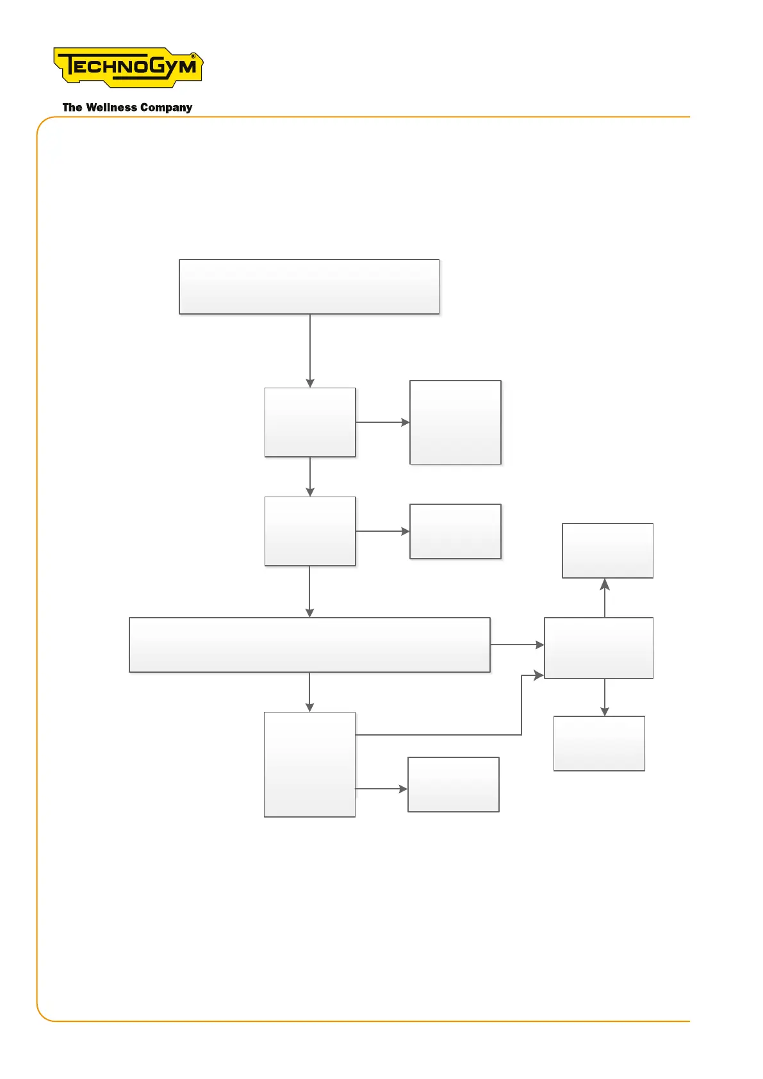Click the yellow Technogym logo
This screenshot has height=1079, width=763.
pyautogui.click(x=128, y=67)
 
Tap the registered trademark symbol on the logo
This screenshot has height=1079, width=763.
pyautogui.click(x=193, y=56)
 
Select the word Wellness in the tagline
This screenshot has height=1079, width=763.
pyautogui.click(x=111, y=108)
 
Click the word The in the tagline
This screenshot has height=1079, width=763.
pyautogui.click(x=72, y=108)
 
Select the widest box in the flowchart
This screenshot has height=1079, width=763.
pyautogui.click(x=309, y=645)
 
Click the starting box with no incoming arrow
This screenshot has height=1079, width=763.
pyautogui.click(x=309, y=286)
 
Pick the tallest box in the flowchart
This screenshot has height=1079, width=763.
pyautogui.click(x=309, y=764)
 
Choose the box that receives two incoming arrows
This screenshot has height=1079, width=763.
pyautogui.click(x=598, y=648)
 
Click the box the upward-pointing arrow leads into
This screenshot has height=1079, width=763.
pyautogui.click(x=607, y=550)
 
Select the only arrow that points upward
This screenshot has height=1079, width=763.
pyautogui.click(x=605, y=598)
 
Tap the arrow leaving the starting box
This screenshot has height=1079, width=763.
pyautogui.click(x=310, y=350)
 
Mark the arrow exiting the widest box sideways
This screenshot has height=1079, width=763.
pyautogui.click(x=517, y=645)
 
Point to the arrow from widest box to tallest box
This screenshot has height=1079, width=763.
pyautogui.click(x=309, y=692)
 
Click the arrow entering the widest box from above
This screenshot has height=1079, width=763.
pyautogui.click(x=309, y=591)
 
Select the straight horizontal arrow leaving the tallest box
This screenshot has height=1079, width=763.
pyautogui.click(x=381, y=789)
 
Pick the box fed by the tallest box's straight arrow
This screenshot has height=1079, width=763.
pyautogui.click(x=453, y=784)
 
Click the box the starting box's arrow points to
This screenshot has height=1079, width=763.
pyautogui.click(x=310, y=422)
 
